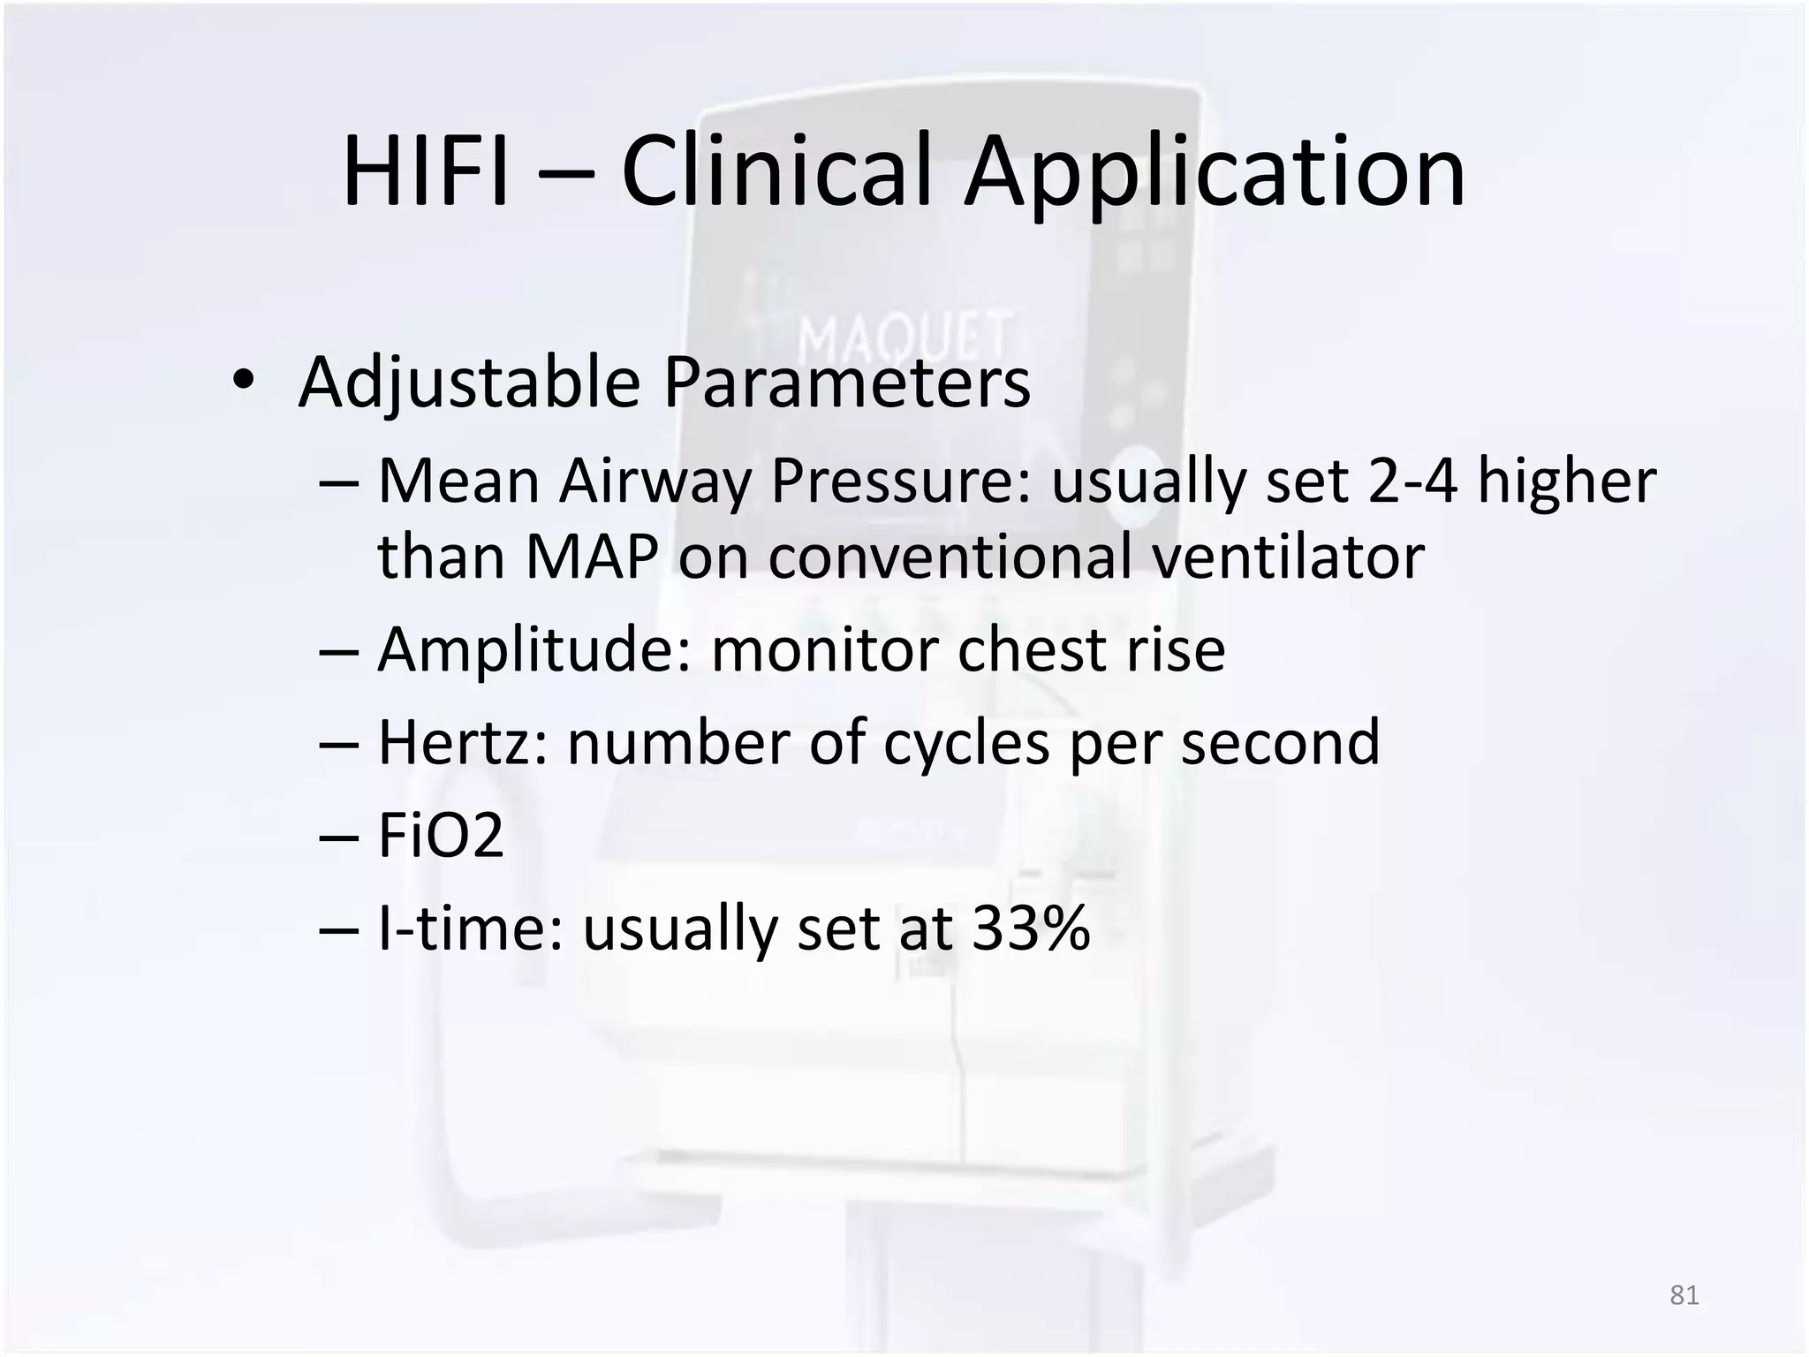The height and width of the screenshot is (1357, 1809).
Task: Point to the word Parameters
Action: [846, 383]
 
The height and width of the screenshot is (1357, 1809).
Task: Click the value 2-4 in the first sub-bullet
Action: [1412, 481]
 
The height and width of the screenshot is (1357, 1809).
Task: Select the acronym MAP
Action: [591, 557]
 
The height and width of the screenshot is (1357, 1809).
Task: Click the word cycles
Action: [966, 742]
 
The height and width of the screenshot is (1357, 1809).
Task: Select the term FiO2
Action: [441, 835]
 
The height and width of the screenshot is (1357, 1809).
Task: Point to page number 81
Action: [1684, 1295]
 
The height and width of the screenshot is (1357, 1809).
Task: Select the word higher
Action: [1567, 481]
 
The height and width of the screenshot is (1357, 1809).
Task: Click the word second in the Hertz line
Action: [1280, 742]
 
